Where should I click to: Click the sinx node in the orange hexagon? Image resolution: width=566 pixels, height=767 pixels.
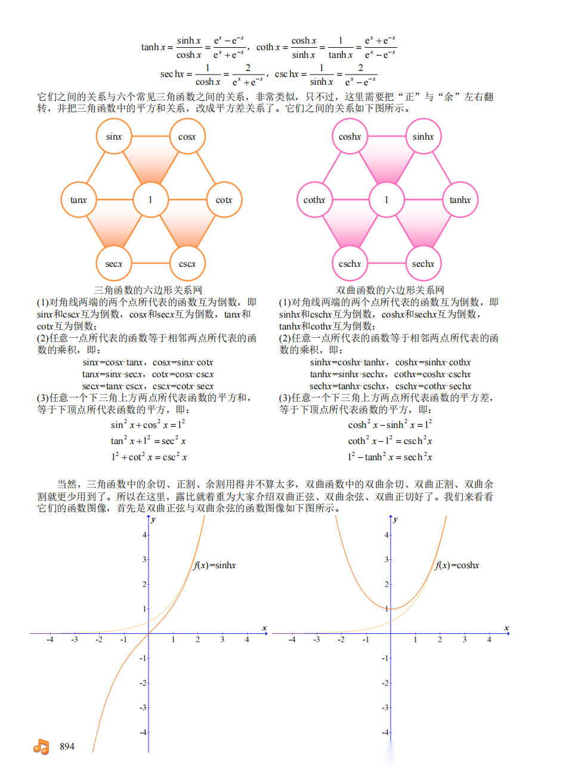tap(114, 137)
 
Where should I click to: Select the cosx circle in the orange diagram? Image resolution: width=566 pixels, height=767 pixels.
tap(188, 137)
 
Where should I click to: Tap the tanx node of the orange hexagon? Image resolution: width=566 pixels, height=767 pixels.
tap(79, 200)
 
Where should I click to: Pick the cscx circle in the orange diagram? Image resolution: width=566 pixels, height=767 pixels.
tap(187, 263)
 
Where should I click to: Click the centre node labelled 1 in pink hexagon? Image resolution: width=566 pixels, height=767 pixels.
tap(386, 200)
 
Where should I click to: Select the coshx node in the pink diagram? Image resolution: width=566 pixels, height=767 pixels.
tap(350, 137)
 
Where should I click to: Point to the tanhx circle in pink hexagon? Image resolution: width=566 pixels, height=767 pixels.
tap(460, 200)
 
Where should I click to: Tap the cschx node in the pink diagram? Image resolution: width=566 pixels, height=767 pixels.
tap(350, 263)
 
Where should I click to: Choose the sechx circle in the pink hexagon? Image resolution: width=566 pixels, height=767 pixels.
tap(423, 263)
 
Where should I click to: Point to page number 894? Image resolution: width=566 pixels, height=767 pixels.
tap(67, 746)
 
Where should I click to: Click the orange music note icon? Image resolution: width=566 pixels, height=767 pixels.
tap(41, 746)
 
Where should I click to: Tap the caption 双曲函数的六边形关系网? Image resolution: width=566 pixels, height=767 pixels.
tap(390, 290)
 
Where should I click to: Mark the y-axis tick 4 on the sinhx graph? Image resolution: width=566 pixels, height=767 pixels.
tap(144, 535)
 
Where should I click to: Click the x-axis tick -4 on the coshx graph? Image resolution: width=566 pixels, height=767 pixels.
tap(292, 639)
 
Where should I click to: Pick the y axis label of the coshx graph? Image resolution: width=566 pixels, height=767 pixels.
tap(395, 520)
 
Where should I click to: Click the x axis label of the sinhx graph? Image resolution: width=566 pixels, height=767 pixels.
tap(264, 628)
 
